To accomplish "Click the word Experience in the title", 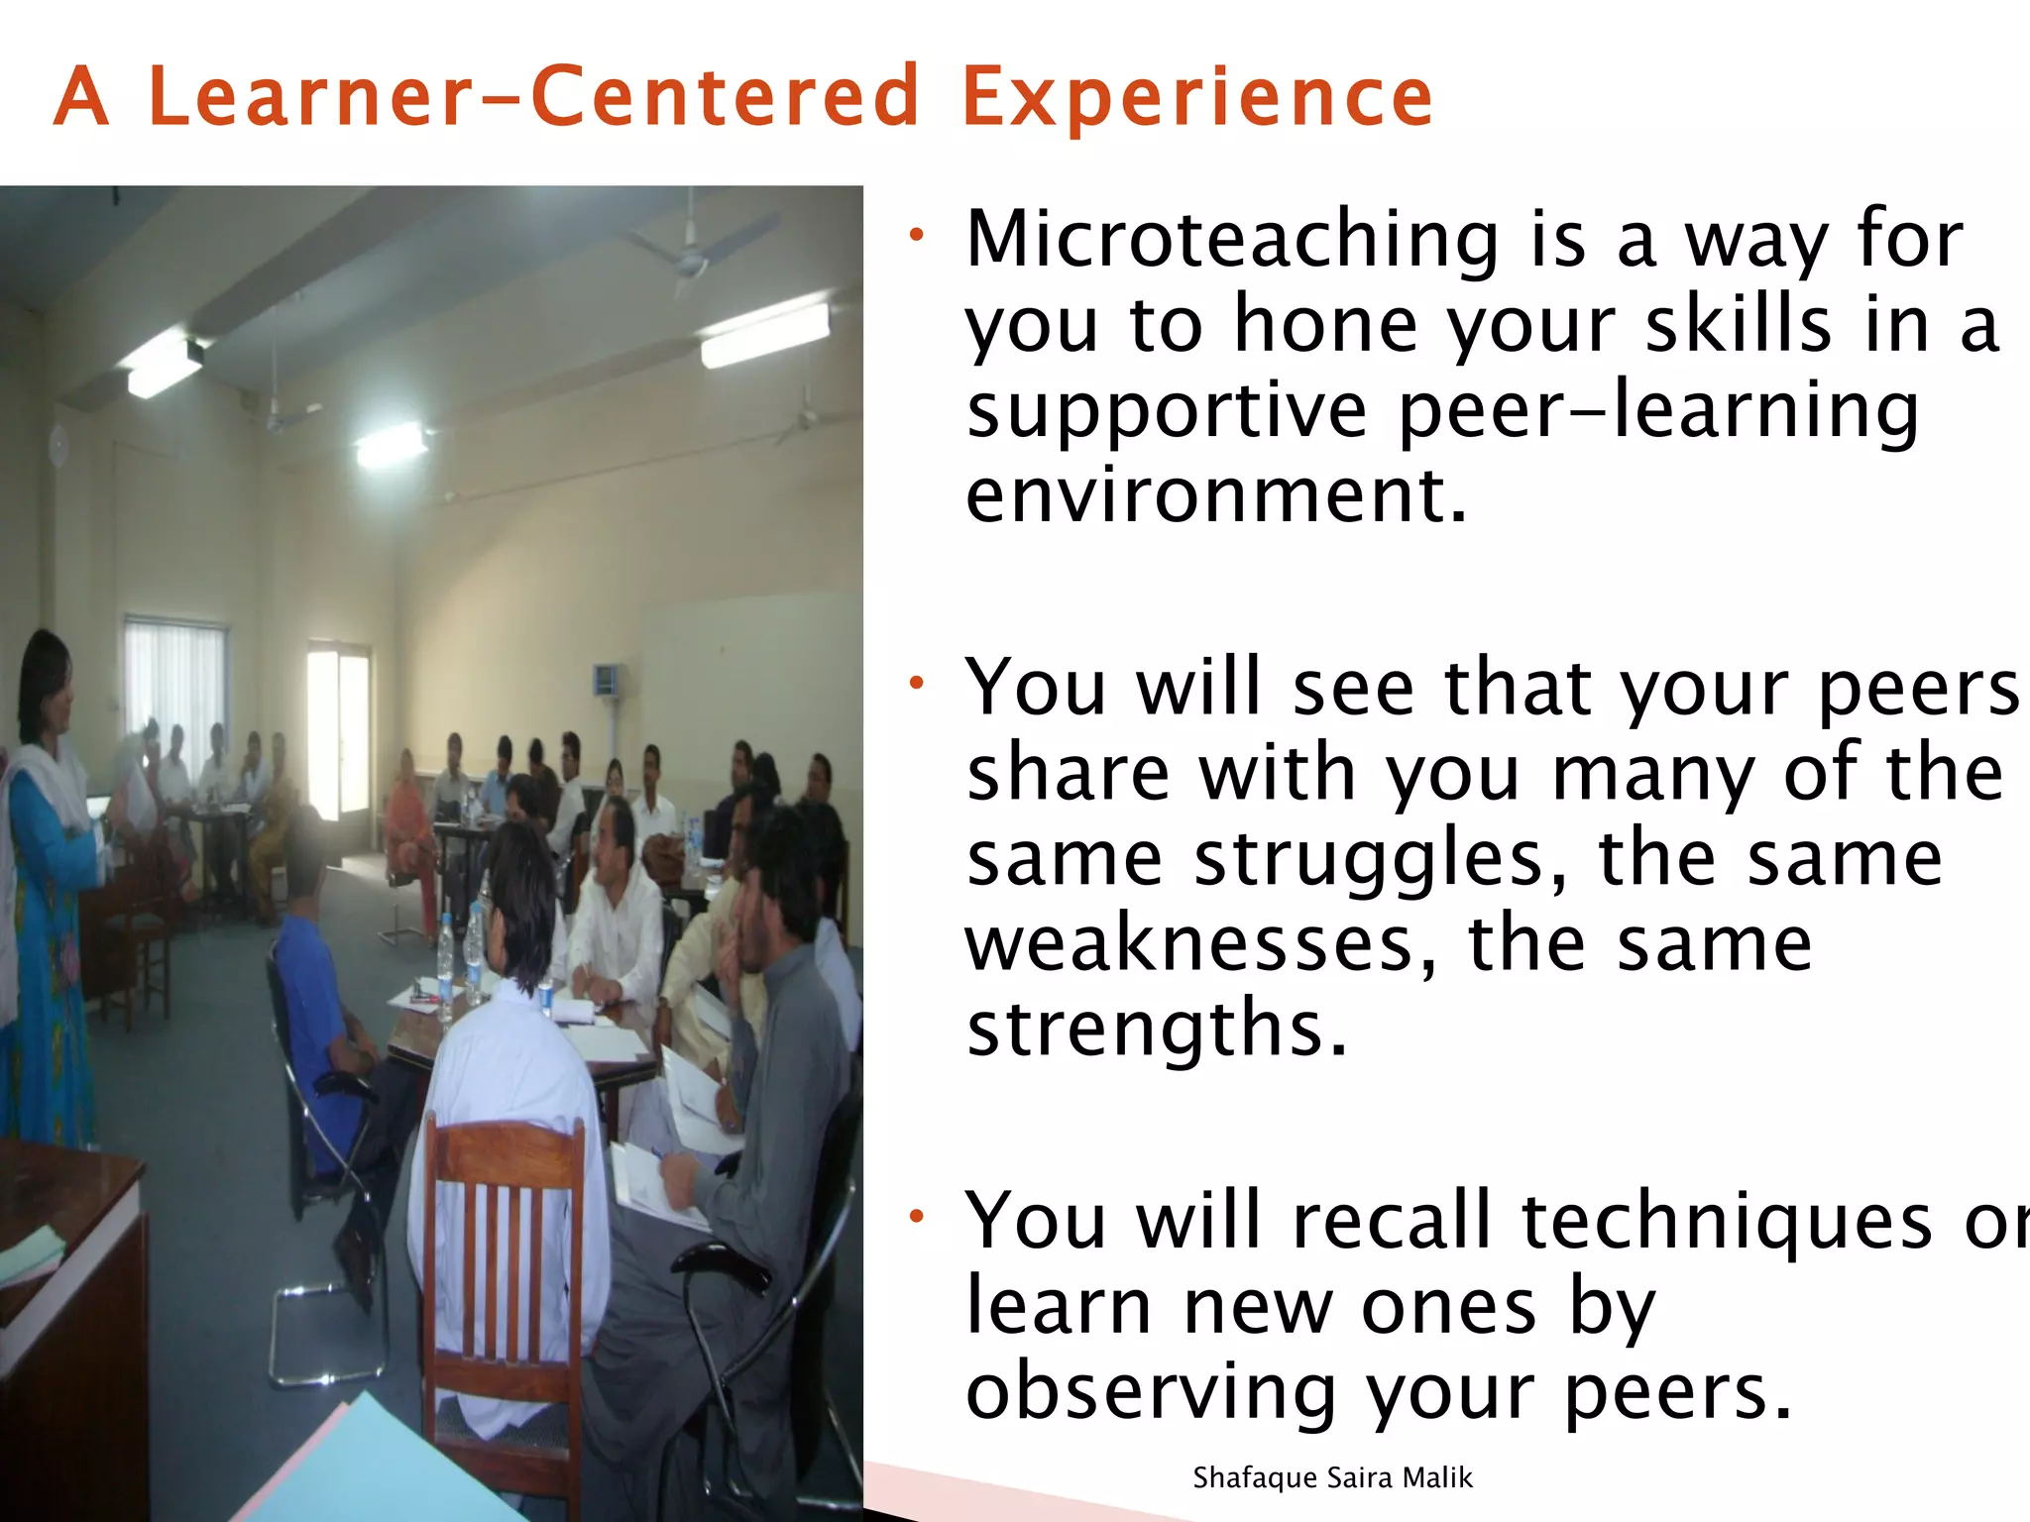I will point(1197,98).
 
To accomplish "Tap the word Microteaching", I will point(1232,241).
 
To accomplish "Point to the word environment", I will point(1215,495).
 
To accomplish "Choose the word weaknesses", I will point(1199,944).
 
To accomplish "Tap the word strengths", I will point(1156,1030).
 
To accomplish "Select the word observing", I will point(1151,1391).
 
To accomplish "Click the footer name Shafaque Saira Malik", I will point(1332,1478).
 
